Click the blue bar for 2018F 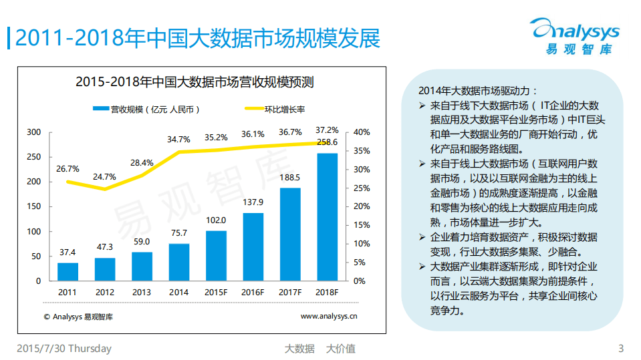(327, 217)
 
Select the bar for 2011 (68, 272)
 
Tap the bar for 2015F (216, 256)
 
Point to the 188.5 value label (289, 178)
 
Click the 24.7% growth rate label (104, 177)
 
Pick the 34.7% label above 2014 (178, 139)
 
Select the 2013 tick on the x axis (142, 292)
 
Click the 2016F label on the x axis (253, 292)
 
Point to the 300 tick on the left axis (34, 132)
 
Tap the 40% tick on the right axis (360, 132)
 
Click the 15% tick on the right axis (360, 225)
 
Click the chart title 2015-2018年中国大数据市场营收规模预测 (195, 83)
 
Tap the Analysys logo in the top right (574, 35)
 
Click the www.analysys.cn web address (328, 317)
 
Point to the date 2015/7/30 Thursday (64, 349)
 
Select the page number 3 (621, 349)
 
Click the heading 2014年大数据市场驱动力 (477, 92)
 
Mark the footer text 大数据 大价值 (319, 349)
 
